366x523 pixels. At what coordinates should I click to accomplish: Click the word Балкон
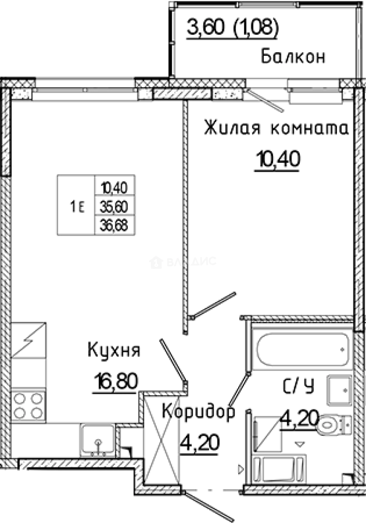coord(292,57)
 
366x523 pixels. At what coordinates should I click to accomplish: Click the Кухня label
coord(114,350)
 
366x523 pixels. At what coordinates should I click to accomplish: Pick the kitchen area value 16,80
coord(115,381)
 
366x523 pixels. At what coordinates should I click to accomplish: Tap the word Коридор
coord(198,412)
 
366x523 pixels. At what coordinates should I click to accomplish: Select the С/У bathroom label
coord(298,386)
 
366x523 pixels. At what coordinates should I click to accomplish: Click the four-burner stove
coord(28,406)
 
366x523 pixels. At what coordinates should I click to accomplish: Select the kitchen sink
coord(98,439)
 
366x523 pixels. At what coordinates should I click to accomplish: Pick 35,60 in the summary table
coord(114,207)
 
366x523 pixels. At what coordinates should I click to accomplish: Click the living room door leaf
coord(213,305)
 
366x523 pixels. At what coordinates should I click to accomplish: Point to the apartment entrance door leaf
coord(209,506)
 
